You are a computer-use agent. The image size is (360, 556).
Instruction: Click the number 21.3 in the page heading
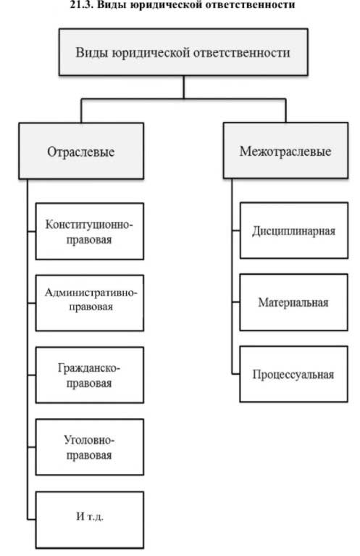[81, 4]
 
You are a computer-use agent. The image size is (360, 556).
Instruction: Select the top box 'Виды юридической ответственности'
[183, 51]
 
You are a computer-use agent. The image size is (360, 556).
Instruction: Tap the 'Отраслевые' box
[81, 151]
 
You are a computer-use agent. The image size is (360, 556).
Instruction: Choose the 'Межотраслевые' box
[285, 150]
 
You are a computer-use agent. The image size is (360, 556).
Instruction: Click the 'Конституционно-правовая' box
[90, 231]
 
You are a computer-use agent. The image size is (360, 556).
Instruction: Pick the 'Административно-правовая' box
[90, 303]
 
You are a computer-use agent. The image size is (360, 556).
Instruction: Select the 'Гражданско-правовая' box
[90, 375]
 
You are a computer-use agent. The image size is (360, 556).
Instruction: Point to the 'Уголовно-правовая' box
[90, 447]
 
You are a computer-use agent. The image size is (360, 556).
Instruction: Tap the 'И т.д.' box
[90, 520]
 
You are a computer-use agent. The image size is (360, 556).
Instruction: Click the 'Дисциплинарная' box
[294, 231]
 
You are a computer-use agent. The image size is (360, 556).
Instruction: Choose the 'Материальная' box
[294, 302]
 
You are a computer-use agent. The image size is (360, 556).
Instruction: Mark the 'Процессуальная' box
[294, 374]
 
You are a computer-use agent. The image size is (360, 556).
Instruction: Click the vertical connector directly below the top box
[183, 87]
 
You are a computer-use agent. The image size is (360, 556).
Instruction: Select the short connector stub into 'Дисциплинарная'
[236, 231]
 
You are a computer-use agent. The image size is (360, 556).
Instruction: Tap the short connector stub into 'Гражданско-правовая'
[32, 375]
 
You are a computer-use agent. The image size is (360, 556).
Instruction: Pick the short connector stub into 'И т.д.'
[32, 520]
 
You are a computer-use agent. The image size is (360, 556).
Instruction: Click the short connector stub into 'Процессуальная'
[236, 374]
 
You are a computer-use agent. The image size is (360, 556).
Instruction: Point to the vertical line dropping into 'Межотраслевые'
[285, 110]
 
